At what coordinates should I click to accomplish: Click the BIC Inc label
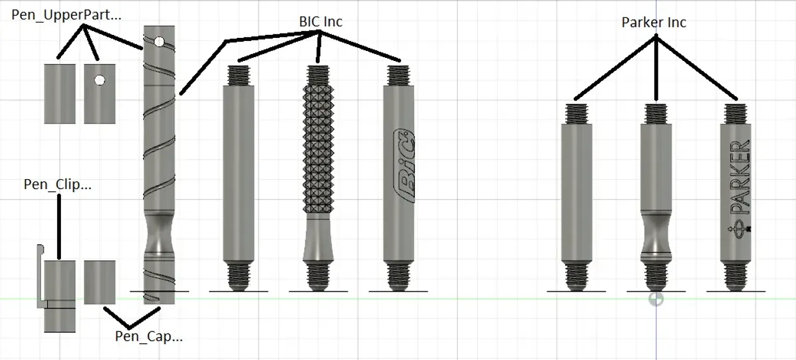point(320,21)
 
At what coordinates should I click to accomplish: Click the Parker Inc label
point(654,22)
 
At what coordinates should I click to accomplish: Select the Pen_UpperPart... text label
point(67,15)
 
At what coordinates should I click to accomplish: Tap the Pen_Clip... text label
point(57,184)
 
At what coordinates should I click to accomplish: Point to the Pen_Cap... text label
point(149,336)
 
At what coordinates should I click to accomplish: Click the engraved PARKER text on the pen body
point(739,177)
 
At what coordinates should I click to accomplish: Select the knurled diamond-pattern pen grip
point(319,149)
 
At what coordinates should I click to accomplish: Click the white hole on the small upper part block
point(99,80)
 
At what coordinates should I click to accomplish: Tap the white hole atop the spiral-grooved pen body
point(159,42)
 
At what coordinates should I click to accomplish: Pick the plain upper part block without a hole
point(60,93)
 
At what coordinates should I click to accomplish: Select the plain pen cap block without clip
point(99,282)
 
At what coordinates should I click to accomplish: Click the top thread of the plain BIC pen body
point(239,75)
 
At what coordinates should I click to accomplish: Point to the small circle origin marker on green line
point(655,299)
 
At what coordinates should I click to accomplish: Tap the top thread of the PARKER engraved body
point(736,114)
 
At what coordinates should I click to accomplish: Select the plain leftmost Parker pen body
point(576,193)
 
